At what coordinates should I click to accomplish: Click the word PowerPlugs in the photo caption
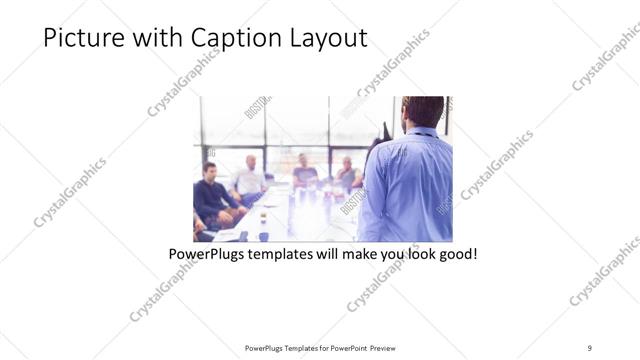209,254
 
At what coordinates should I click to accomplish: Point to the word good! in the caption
457,254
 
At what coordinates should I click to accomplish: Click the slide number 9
590,347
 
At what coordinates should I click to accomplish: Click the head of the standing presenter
424,111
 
